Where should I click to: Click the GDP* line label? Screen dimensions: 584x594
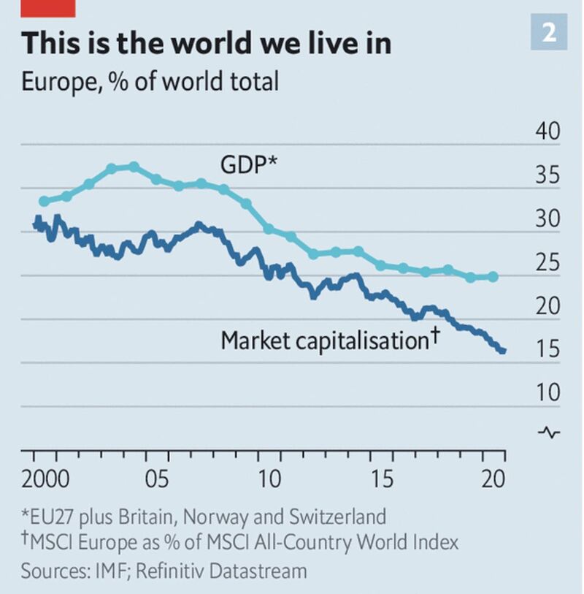(x=249, y=165)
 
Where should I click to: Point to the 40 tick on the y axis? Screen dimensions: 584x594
(x=547, y=131)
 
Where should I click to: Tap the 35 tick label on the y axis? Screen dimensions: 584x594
(x=547, y=175)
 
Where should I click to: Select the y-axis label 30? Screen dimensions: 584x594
(x=547, y=218)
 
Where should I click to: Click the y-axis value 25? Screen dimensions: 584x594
(x=547, y=262)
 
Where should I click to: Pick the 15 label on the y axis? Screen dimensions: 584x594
(x=547, y=349)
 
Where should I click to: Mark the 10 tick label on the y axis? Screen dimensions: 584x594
(x=547, y=392)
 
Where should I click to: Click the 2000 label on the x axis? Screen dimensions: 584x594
(x=45, y=479)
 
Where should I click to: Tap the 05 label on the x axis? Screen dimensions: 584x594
(x=157, y=479)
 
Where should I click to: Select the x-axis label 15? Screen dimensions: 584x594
(x=382, y=479)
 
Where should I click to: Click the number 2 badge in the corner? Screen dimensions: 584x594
(x=549, y=32)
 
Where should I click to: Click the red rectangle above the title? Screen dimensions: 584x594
(x=48, y=8)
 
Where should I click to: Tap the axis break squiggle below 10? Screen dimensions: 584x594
(x=549, y=433)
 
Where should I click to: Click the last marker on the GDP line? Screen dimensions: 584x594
(x=493, y=277)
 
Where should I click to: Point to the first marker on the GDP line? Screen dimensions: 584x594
(x=45, y=201)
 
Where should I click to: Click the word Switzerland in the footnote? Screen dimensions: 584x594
(x=337, y=516)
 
